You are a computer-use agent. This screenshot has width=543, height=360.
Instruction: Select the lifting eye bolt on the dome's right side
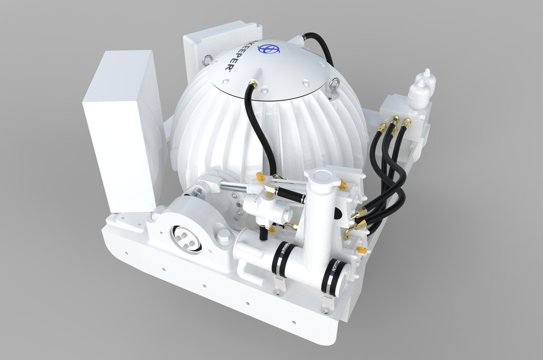[334, 85]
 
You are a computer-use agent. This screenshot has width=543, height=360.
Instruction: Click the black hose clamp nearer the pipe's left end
[283, 258]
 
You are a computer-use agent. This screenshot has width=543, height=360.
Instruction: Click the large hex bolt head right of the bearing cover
[223, 235]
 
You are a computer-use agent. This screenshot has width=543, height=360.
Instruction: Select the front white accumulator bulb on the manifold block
[419, 93]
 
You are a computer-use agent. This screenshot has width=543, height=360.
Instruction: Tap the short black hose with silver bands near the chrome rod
[291, 196]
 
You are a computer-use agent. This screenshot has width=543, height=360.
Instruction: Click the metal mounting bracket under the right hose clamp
[326, 303]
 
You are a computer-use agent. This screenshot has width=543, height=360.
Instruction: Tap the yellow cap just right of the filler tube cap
[343, 184]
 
